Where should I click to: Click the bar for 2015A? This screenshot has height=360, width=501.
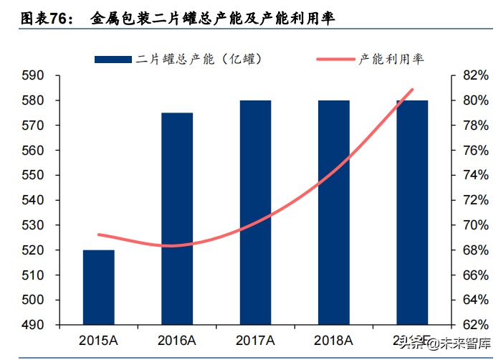coord(98,287)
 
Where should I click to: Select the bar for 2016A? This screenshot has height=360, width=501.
coord(177,219)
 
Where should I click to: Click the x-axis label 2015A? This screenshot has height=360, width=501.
coord(98,339)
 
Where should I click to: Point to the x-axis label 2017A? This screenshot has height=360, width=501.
coord(255,339)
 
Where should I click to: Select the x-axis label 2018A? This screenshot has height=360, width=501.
coord(334,339)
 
